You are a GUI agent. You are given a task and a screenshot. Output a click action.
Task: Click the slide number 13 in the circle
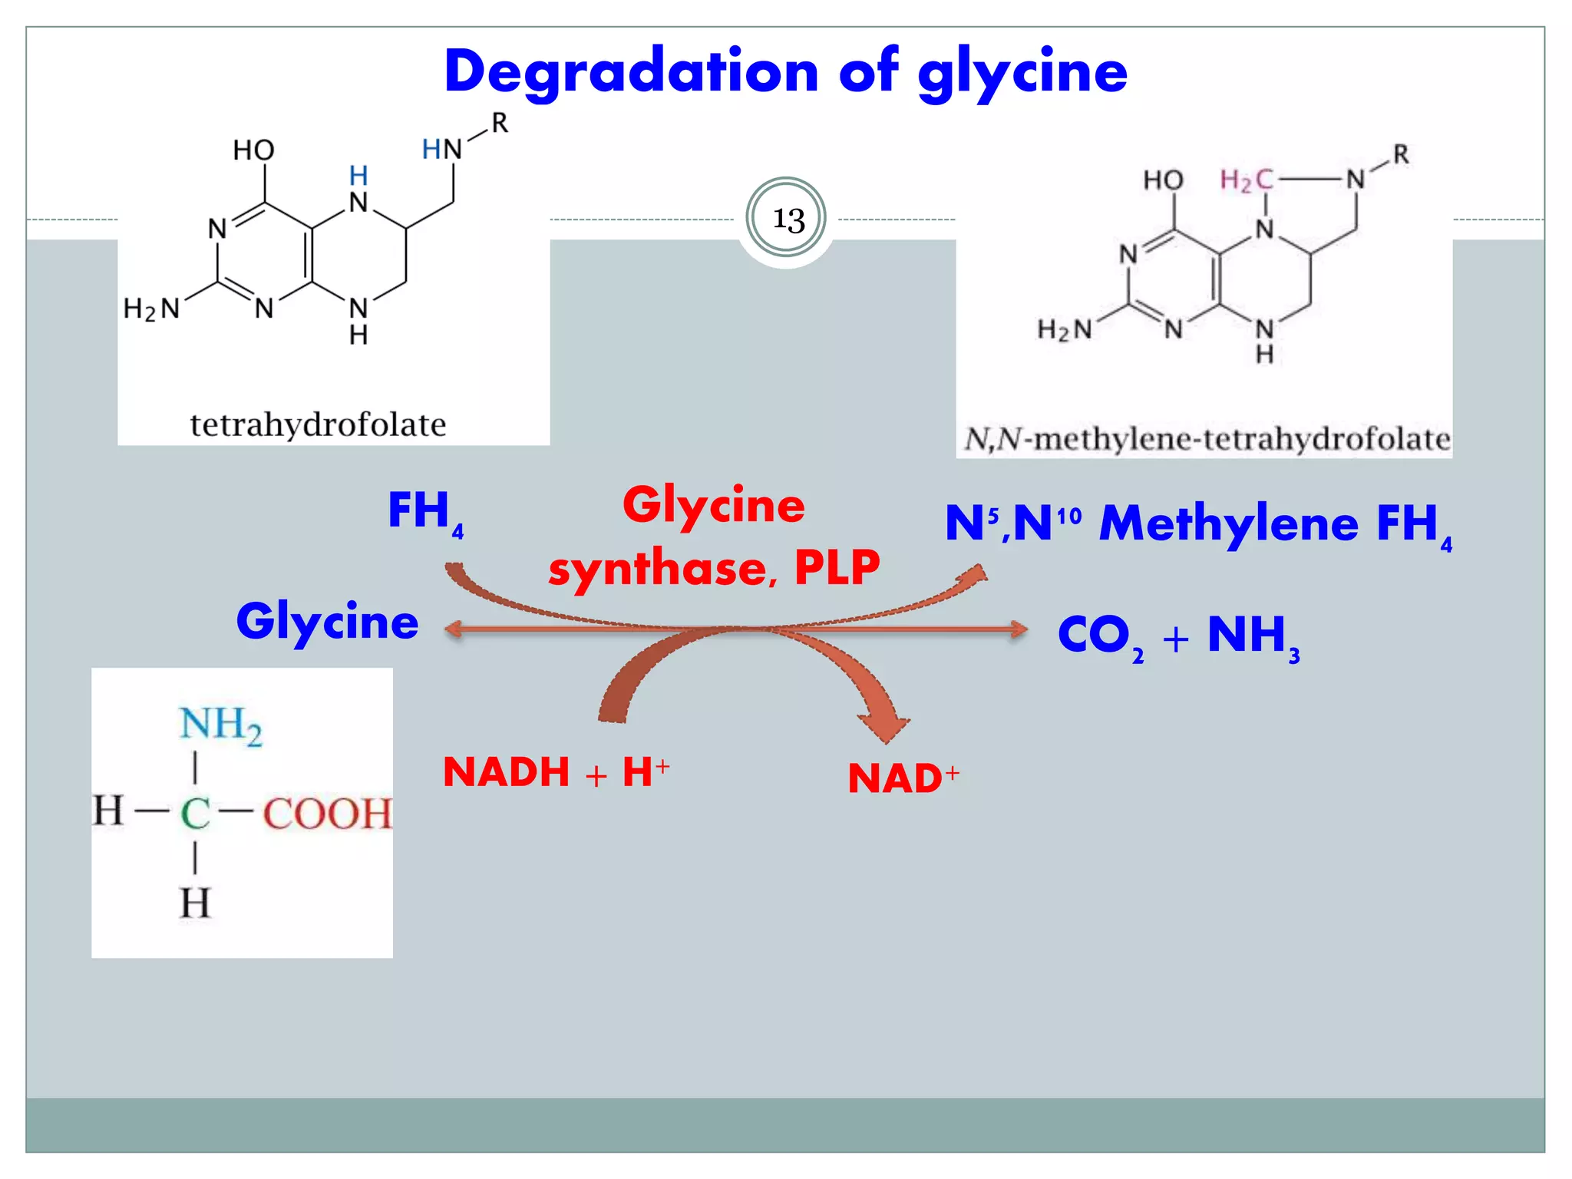pyautogui.click(x=788, y=220)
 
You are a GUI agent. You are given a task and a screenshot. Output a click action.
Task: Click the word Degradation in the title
pyautogui.click(x=631, y=72)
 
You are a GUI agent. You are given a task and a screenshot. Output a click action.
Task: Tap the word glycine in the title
pyautogui.click(x=1022, y=74)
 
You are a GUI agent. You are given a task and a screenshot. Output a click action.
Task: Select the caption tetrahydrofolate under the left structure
pyautogui.click(x=318, y=424)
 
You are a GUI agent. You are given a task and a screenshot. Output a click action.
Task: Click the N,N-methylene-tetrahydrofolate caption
pyautogui.click(x=1207, y=440)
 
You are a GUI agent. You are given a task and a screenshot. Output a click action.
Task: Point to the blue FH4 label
pyautogui.click(x=424, y=512)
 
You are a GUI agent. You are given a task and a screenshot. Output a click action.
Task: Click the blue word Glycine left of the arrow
pyautogui.click(x=328, y=622)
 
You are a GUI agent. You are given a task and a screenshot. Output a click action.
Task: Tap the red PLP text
pyautogui.click(x=837, y=568)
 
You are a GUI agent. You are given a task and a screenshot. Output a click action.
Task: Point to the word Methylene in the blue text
pyautogui.click(x=1228, y=524)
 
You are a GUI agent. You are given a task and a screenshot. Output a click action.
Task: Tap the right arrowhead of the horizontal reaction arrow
pyautogui.click(x=1019, y=630)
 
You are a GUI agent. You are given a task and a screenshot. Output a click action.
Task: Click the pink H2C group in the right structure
pyautogui.click(x=1247, y=180)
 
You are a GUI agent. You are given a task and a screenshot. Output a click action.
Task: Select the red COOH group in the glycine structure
pyautogui.click(x=328, y=814)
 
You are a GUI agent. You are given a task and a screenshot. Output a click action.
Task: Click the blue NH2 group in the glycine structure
pyautogui.click(x=220, y=725)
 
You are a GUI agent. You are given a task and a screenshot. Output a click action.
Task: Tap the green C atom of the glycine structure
pyautogui.click(x=195, y=814)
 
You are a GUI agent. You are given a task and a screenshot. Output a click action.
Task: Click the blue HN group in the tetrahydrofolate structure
pyautogui.click(x=442, y=149)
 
